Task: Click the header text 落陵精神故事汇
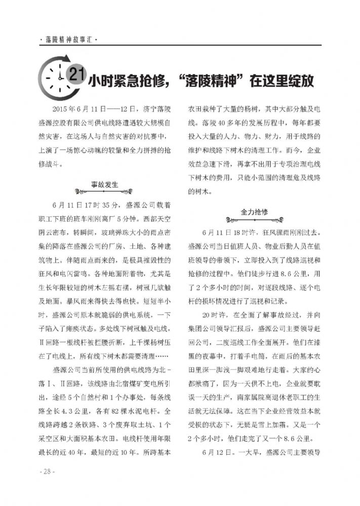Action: (x=68, y=39)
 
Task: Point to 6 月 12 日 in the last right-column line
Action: (x=219, y=451)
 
